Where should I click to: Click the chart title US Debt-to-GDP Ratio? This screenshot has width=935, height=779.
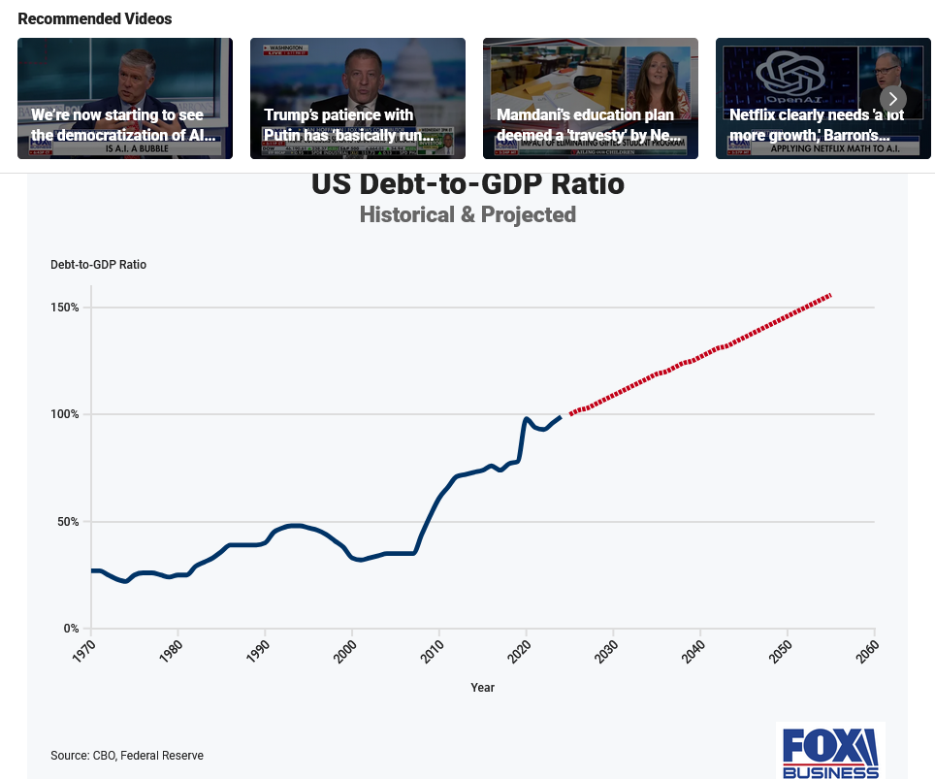click(x=467, y=183)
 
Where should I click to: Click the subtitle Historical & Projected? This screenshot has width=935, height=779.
click(x=467, y=214)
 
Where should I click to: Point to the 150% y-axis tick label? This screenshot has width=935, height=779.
click(x=66, y=308)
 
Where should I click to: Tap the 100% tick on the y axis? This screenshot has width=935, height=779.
click(x=66, y=414)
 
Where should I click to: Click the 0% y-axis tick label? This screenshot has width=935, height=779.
click(x=71, y=629)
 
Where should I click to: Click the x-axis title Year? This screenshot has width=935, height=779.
click(x=482, y=688)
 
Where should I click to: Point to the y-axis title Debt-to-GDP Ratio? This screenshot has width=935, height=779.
click(x=98, y=265)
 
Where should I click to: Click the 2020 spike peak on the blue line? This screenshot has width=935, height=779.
click(x=526, y=419)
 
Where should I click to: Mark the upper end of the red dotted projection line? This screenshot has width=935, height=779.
click(x=830, y=295)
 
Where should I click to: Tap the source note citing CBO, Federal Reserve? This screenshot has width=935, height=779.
click(x=127, y=756)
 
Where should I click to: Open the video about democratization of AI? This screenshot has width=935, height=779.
click(x=125, y=98)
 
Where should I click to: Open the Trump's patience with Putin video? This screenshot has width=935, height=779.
click(x=358, y=98)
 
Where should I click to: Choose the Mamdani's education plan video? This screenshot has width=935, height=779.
click(x=591, y=98)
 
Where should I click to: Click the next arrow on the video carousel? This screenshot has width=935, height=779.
click(x=893, y=98)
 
